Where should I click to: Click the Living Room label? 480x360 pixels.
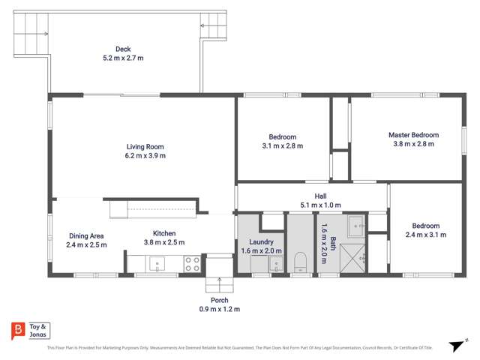(x=145, y=147)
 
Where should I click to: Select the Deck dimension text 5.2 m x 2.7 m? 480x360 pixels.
(x=124, y=57)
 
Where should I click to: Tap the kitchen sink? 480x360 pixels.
(x=158, y=263)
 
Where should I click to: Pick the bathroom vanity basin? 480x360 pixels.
(x=356, y=224)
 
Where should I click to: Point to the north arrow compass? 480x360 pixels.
(x=454, y=345)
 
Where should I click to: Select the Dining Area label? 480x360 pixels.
(x=86, y=235)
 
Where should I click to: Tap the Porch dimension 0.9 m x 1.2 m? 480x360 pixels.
(x=219, y=309)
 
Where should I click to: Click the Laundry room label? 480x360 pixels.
(x=260, y=242)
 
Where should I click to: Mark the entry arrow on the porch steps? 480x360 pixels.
(x=220, y=283)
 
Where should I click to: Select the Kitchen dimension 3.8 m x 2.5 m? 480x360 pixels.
(x=164, y=242)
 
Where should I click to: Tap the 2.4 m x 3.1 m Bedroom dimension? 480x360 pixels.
(x=425, y=235)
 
